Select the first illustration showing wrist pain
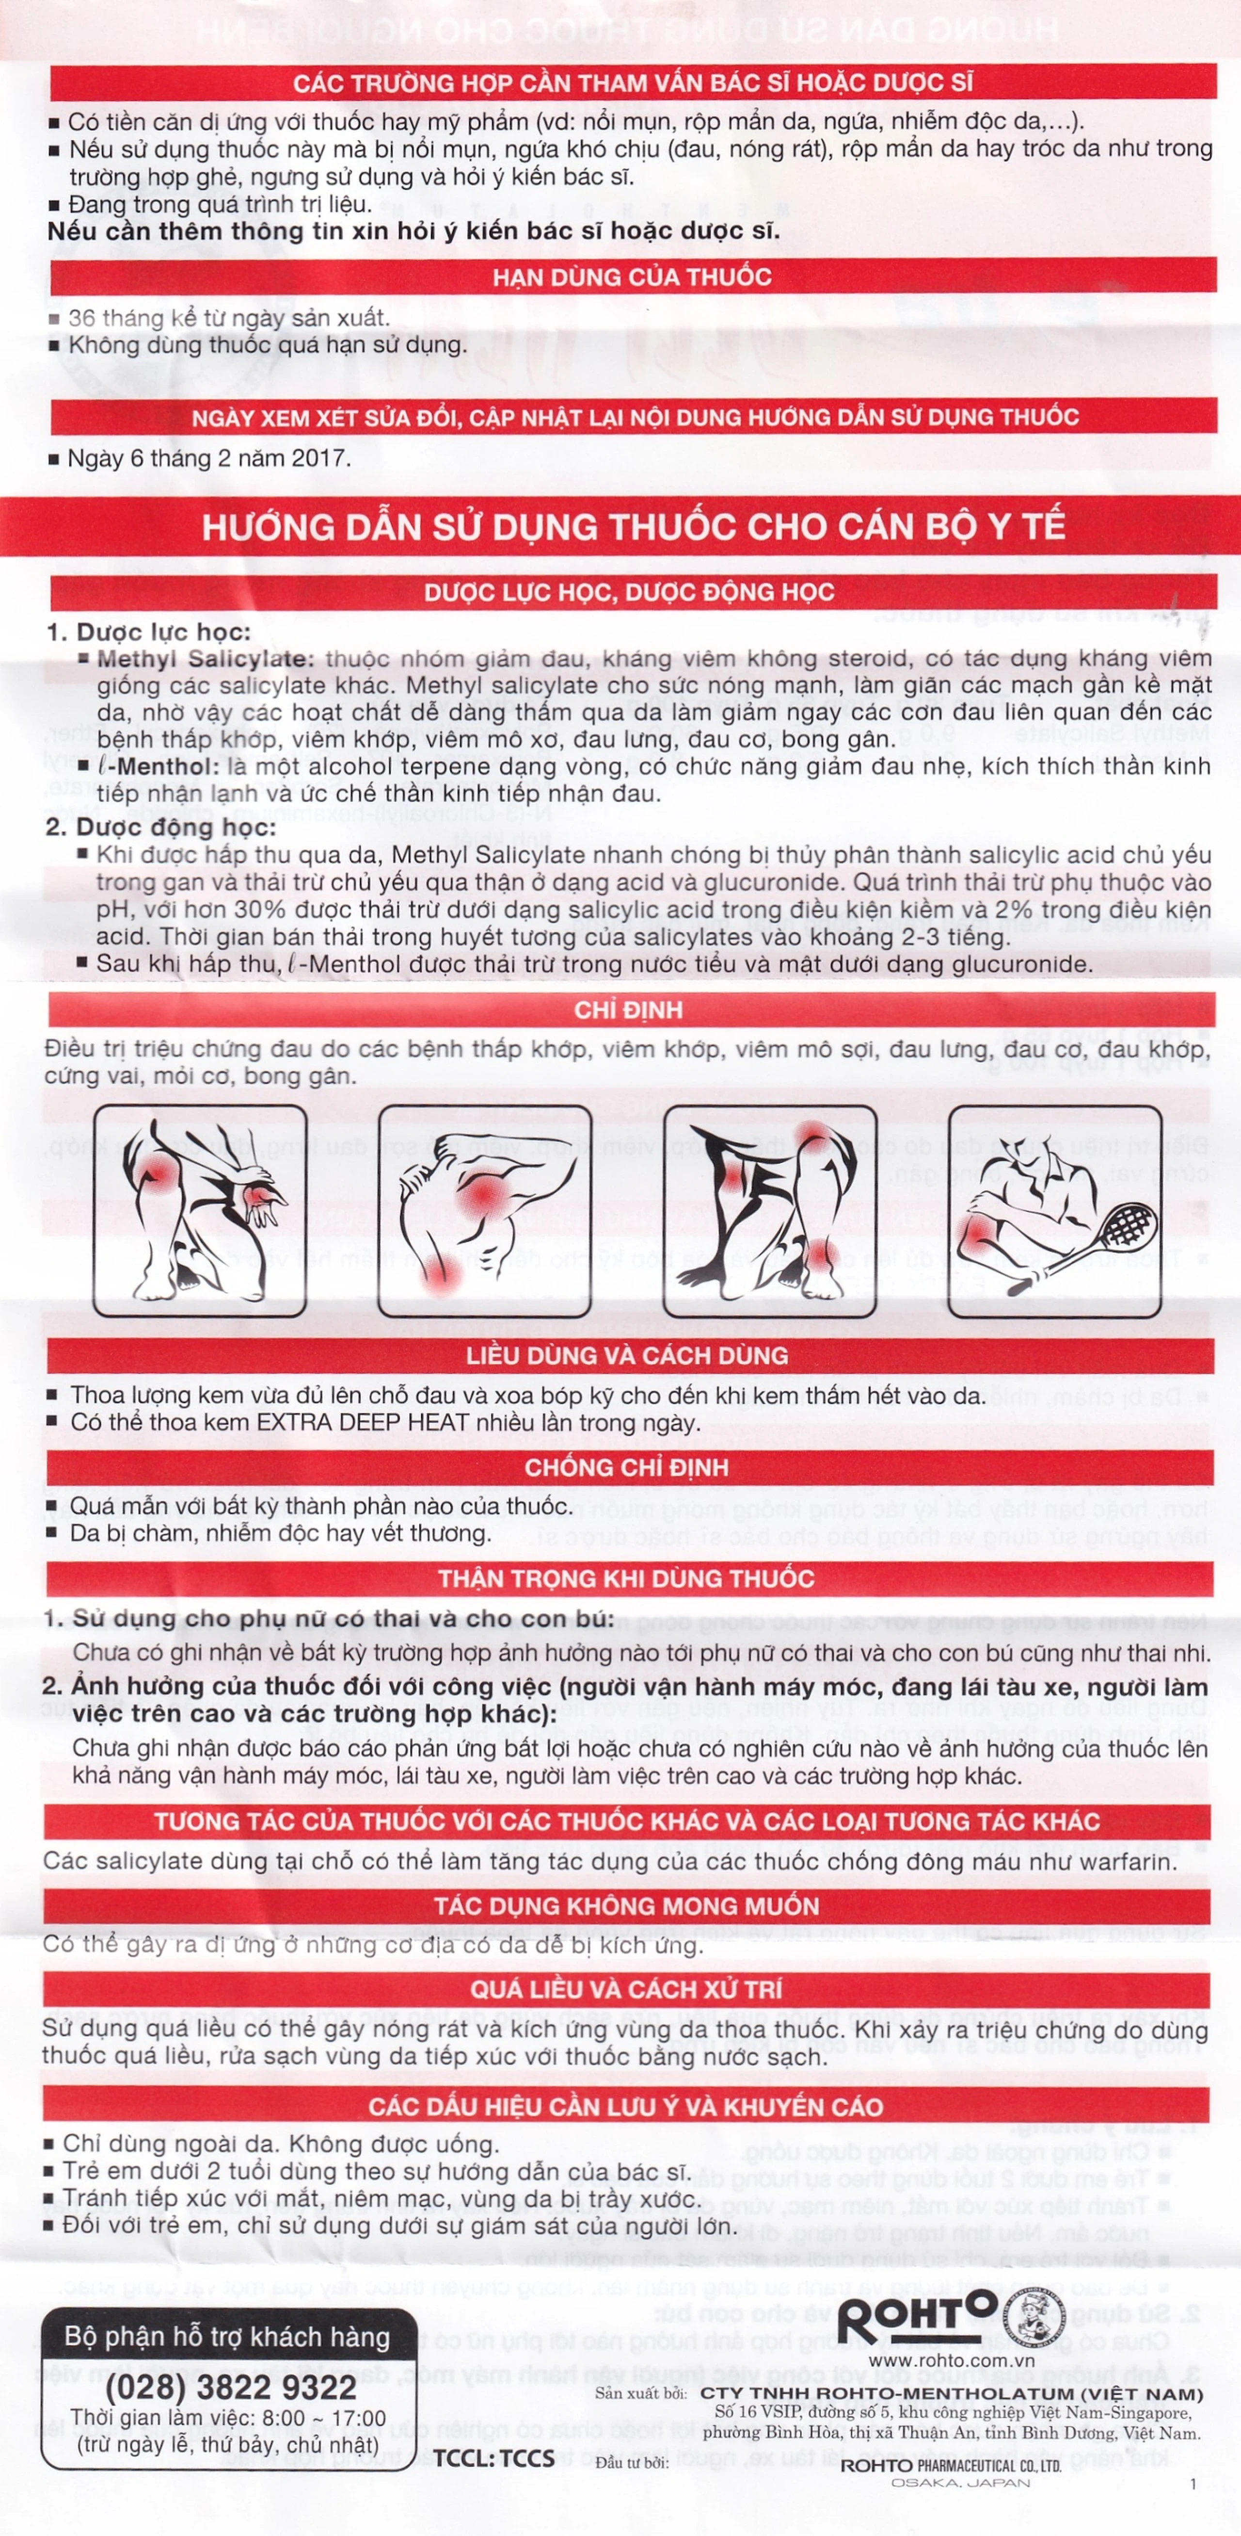coord(200,1211)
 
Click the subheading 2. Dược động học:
coord(160,827)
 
